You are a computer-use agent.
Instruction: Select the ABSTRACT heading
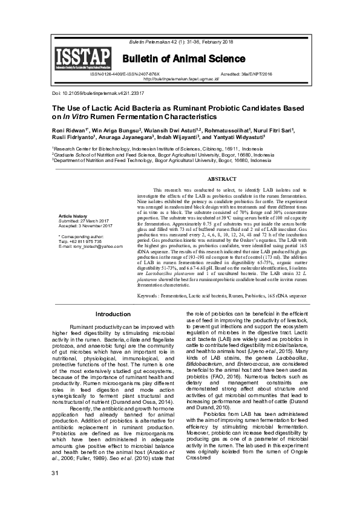[221, 180]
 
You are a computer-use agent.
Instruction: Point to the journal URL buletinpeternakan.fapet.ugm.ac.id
[181, 79]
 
